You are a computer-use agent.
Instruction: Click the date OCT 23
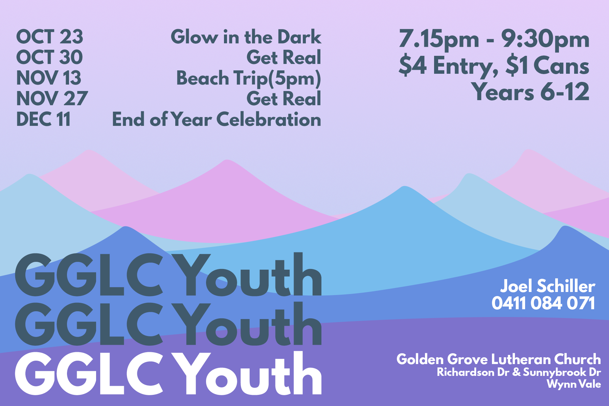(49, 37)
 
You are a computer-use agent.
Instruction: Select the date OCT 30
(49, 57)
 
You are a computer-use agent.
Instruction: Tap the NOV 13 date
(49, 78)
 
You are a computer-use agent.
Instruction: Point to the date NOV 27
(52, 98)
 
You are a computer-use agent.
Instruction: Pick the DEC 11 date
(43, 119)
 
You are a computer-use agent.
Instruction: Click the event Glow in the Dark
(246, 37)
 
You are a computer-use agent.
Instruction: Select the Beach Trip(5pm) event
(249, 78)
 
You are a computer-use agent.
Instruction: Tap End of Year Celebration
(217, 119)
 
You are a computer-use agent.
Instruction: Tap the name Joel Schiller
(548, 286)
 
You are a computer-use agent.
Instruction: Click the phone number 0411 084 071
(543, 303)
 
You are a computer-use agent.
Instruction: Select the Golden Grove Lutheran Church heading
(499, 359)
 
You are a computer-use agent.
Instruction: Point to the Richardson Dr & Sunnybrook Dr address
(519, 372)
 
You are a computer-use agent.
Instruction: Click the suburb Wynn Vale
(574, 384)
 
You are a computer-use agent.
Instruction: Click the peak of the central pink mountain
(227, 160)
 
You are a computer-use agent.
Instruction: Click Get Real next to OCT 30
(284, 58)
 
